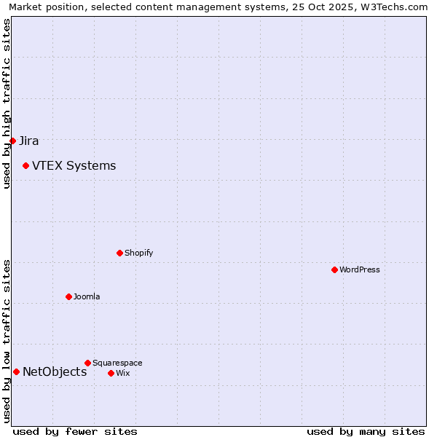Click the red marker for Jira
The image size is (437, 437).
pyautogui.click(x=12, y=141)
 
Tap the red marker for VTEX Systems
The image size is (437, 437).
pyautogui.click(x=25, y=166)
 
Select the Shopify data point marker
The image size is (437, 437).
pyautogui.click(x=119, y=253)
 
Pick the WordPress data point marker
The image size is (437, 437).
pyautogui.click(x=334, y=269)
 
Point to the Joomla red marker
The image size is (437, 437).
pyautogui.click(x=68, y=296)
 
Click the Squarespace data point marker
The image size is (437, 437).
pyautogui.click(x=87, y=363)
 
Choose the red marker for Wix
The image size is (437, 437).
pyautogui.click(x=111, y=373)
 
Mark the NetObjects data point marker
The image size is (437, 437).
pyautogui.click(x=16, y=372)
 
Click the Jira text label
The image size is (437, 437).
pyautogui.click(x=29, y=141)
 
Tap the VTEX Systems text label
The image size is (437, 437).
pyautogui.click(x=74, y=166)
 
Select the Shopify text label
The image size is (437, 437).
pyautogui.click(x=138, y=253)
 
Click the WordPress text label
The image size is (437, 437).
pyautogui.click(x=359, y=270)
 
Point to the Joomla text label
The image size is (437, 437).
pyautogui.click(x=87, y=297)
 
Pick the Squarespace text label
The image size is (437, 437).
pyautogui.click(x=117, y=363)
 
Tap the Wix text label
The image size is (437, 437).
pyautogui.click(x=122, y=374)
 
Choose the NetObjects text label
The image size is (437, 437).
pyautogui.click(x=55, y=372)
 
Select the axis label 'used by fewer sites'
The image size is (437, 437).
pyautogui.click(x=75, y=432)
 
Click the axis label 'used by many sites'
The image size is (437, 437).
pyautogui.click(x=366, y=432)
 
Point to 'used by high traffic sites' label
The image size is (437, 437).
pyautogui.click(x=7, y=103)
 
